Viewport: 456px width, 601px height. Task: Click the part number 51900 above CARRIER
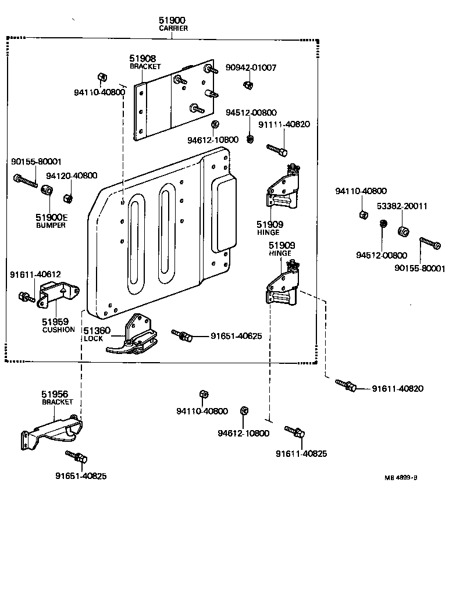point(172,20)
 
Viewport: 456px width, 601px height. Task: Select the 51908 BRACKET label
point(144,62)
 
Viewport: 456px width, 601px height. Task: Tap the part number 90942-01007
point(251,68)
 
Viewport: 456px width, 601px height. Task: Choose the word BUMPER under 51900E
point(51,226)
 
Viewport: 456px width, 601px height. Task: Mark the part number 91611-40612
point(35,274)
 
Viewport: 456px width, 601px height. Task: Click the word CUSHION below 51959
point(58,330)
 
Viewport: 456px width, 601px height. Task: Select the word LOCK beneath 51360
point(93,338)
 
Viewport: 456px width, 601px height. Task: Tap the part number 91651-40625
point(236,337)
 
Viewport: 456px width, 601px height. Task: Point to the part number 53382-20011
point(401,206)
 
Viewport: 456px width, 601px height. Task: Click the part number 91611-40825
point(301,453)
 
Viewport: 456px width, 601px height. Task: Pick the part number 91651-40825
point(81,476)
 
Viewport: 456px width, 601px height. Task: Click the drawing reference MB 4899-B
point(400,477)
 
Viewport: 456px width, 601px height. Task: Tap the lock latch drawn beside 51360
point(134,337)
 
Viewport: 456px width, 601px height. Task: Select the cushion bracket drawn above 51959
point(58,294)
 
